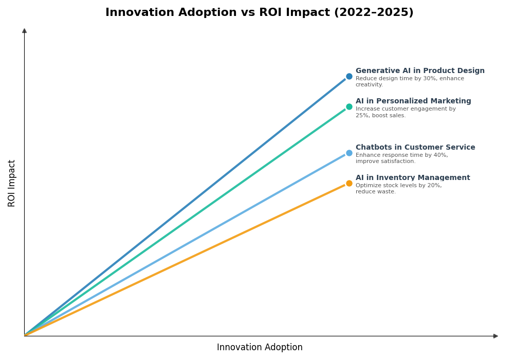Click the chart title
(259, 13)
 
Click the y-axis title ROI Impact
(12, 183)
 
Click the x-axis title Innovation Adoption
(260, 348)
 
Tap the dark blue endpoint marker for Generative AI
(349, 76)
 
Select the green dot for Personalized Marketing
(349, 106)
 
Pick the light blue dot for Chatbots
(349, 153)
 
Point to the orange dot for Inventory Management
(349, 183)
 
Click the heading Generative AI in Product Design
(420, 71)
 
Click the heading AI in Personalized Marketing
(413, 101)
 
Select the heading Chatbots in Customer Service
(415, 148)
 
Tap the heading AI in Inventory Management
(413, 178)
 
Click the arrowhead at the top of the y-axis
(24, 31)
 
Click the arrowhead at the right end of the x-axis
(495, 336)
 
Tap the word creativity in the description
(369, 85)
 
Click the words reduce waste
(375, 192)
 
